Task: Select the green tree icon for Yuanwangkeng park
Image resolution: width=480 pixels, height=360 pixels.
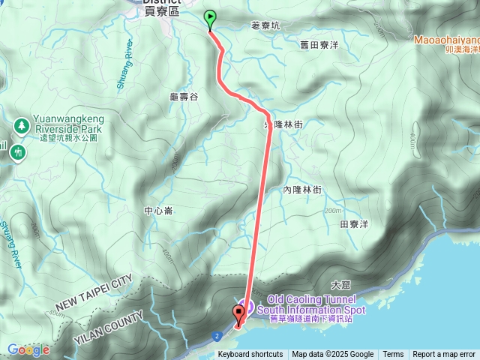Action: click(x=22, y=124)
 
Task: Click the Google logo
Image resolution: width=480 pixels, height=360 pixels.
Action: click(x=28, y=349)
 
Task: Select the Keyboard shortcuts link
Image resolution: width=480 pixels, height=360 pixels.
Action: click(x=250, y=355)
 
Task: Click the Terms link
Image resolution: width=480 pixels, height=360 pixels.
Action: click(x=393, y=355)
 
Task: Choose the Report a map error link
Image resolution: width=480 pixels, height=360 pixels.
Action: click(x=444, y=355)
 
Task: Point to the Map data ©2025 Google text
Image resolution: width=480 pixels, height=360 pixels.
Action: click(x=332, y=355)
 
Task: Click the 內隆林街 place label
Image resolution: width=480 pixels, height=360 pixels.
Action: click(x=302, y=190)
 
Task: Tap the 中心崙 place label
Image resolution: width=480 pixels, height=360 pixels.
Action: click(x=159, y=211)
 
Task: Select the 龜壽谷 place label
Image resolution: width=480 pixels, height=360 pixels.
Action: click(x=184, y=97)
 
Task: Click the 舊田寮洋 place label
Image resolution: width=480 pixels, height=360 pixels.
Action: click(x=319, y=46)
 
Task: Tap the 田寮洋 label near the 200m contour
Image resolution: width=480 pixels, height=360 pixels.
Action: click(x=355, y=224)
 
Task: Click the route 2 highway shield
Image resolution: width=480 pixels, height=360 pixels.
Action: click(x=216, y=335)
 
